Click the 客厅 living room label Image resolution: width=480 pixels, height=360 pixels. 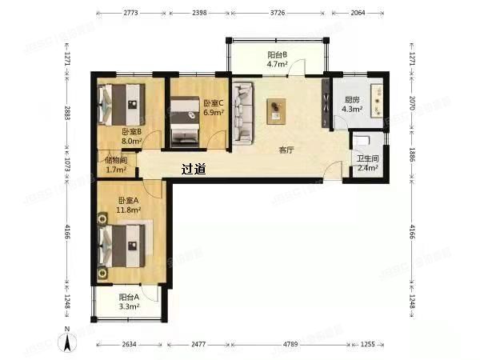(286, 150)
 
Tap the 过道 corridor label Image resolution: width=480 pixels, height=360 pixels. (194, 170)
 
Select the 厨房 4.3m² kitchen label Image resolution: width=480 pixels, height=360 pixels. (353, 105)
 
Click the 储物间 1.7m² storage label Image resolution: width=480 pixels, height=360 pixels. (117, 165)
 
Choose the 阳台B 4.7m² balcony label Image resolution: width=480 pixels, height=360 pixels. (278, 59)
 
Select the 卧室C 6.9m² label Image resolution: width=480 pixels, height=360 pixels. (214, 108)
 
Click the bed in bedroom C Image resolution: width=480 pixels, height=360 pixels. (186, 118)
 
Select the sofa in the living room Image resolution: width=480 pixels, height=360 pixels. (244, 112)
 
